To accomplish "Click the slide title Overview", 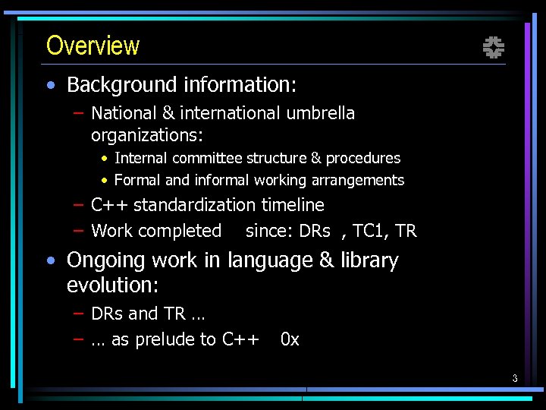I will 93,46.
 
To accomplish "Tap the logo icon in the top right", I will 494,49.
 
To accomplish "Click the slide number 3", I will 514,378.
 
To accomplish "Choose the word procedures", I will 365,158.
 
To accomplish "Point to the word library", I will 369,260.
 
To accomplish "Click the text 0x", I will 290,339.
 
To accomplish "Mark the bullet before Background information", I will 49,85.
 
